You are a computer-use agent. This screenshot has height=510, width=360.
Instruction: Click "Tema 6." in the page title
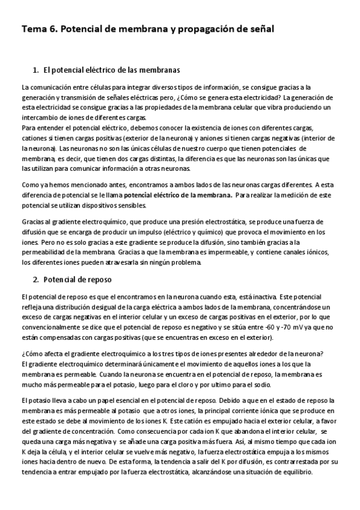[x=39, y=28]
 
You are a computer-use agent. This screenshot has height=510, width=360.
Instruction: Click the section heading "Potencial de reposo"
[x=78, y=280]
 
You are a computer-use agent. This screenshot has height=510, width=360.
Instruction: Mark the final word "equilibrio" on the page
[x=294, y=472]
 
